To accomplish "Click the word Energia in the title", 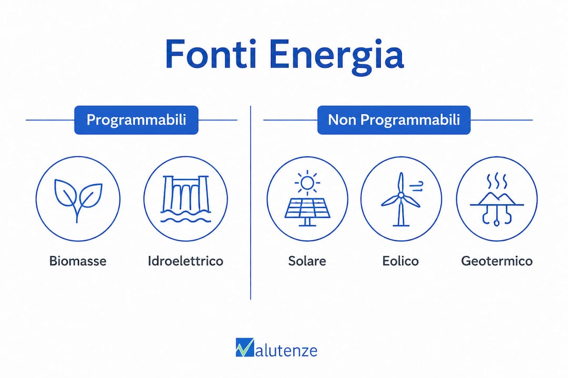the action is tap(337, 57).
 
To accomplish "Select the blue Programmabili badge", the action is tap(136, 120).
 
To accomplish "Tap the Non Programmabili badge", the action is tap(394, 120).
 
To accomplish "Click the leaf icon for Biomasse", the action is tap(78, 199).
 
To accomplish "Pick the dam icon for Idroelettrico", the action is tap(186, 198).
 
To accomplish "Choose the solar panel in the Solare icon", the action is tap(307, 212).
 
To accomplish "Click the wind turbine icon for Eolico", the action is tap(401, 199).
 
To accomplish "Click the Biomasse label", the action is tap(78, 261).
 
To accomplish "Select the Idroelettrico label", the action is tap(186, 261).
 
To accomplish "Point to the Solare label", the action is tap(307, 261).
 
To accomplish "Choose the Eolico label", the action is tap(401, 261).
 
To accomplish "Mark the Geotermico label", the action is tap(496, 261).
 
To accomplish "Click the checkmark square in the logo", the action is tap(245, 347).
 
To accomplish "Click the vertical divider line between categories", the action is tap(250, 203).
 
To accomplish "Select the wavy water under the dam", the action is tap(186, 215).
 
